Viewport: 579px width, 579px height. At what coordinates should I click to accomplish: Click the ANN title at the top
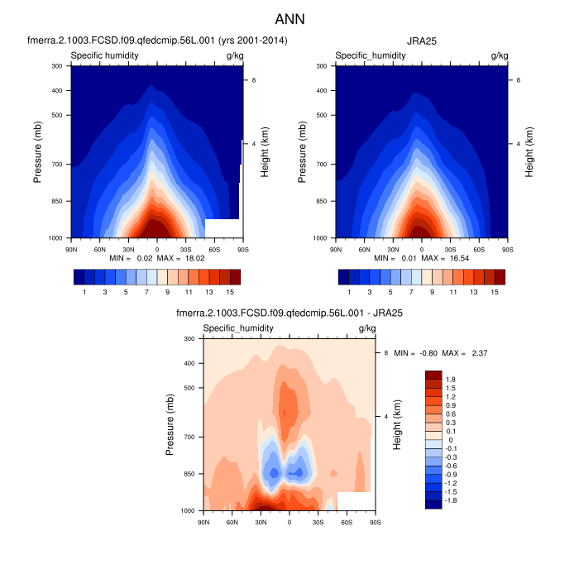tap(289, 17)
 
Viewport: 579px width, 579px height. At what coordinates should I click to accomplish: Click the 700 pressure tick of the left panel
tap(58, 165)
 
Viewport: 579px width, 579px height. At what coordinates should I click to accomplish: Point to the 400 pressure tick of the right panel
tap(323, 90)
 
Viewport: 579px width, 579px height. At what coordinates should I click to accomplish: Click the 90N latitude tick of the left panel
tap(71, 247)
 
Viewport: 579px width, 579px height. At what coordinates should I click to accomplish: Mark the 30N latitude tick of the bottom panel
tap(261, 520)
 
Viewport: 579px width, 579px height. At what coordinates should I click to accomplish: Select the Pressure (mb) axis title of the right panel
tap(304, 151)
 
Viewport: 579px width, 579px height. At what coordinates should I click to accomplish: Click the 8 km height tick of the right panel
tap(519, 79)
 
